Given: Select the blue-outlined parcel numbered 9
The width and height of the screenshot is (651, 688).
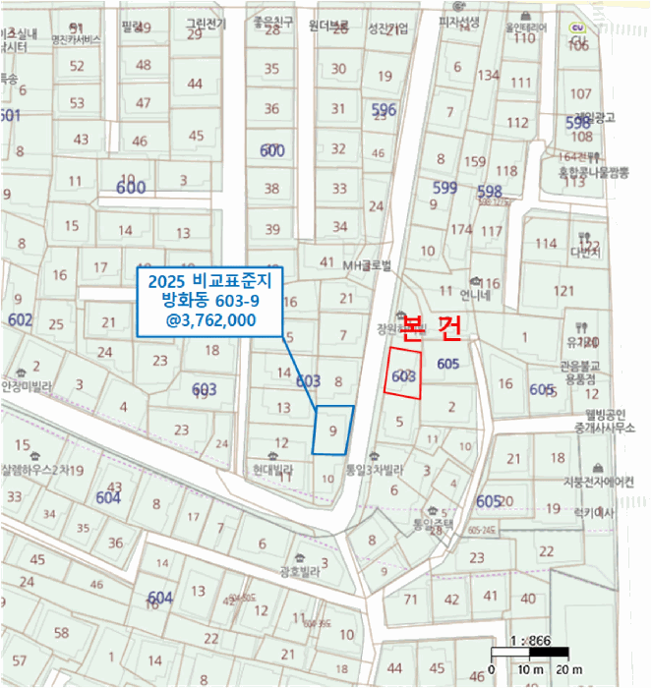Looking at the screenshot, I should pyautogui.click(x=333, y=430).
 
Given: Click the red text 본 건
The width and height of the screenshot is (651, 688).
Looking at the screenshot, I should pyautogui.click(x=433, y=330).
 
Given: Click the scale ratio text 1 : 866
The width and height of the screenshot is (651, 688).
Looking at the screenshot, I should pyautogui.click(x=530, y=640).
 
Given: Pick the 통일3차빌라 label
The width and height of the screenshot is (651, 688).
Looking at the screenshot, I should pyautogui.click(x=374, y=470).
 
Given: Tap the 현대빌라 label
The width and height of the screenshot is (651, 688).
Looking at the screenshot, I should pyautogui.click(x=273, y=471).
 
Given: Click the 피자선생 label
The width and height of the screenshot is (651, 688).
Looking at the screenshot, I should pyautogui.click(x=459, y=21).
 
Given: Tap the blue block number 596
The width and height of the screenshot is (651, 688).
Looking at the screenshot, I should pyautogui.click(x=384, y=110).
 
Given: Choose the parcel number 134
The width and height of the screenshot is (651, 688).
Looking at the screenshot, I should pyautogui.click(x=489, y=75).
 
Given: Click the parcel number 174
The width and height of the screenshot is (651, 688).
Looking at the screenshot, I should pyautogui.click(x=461, y=229).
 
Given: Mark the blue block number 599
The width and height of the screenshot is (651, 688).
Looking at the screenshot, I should pyautogui.click(x=444, y=188).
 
